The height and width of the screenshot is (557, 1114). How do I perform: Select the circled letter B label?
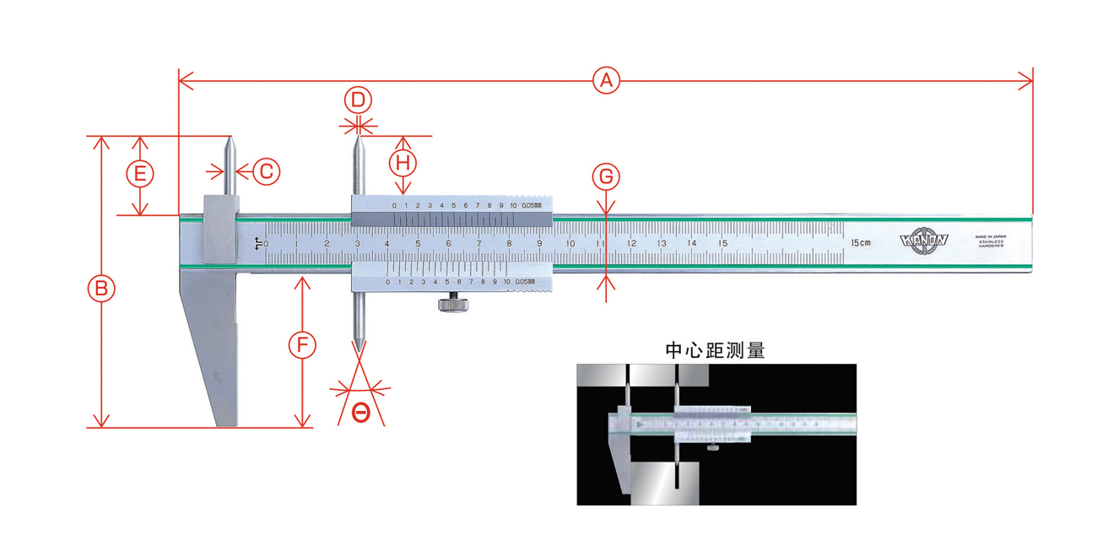click(101, 289)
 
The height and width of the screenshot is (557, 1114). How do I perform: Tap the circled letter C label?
click(266, 171)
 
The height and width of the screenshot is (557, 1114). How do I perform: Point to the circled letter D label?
click(358, 100)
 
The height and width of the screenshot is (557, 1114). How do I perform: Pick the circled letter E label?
click(140, 175)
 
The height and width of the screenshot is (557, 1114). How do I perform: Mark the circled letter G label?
click(605, 177)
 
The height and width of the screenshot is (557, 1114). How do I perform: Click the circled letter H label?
click(403, 160)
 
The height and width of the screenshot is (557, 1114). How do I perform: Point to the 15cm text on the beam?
click(861, 243)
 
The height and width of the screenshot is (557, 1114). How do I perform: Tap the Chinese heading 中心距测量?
click(716, 350)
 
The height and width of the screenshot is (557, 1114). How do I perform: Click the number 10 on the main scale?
click(571, 244)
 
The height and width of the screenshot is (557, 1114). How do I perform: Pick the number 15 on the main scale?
click(722, 243)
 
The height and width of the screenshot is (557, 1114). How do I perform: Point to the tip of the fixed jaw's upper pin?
click(230, 138)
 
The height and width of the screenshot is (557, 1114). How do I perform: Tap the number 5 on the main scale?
click(418, 244)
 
